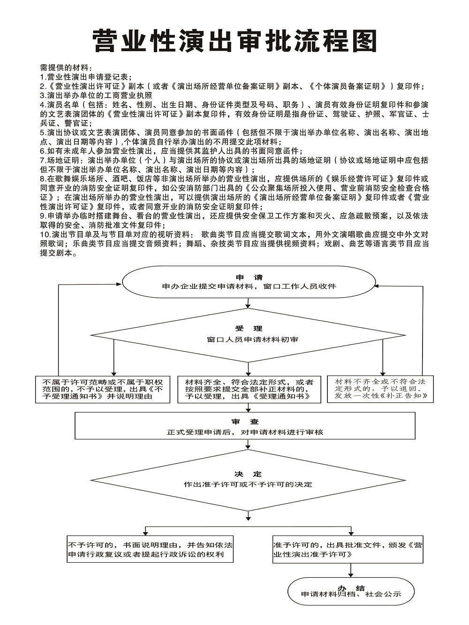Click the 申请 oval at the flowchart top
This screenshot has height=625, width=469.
pos(249,283)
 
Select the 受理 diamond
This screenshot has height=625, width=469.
pos(249,335)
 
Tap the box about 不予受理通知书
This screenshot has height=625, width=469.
pos(103,389)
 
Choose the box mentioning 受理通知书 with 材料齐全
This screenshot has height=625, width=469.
pos(249,389)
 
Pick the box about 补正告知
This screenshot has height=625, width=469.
pos(380,389)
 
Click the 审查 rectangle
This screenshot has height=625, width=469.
pos(245,426)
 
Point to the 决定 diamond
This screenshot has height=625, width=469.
pos(248,479)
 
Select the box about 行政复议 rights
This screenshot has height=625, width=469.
pos(150,550)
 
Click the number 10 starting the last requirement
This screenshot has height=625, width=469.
pos(45,234)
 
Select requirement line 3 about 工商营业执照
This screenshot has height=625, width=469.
pos(96,95)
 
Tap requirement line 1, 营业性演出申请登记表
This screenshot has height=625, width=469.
pos(86,77)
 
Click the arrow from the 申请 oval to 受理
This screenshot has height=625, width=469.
pos(248,304)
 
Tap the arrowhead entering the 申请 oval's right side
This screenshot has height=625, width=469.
pos(378,286)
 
